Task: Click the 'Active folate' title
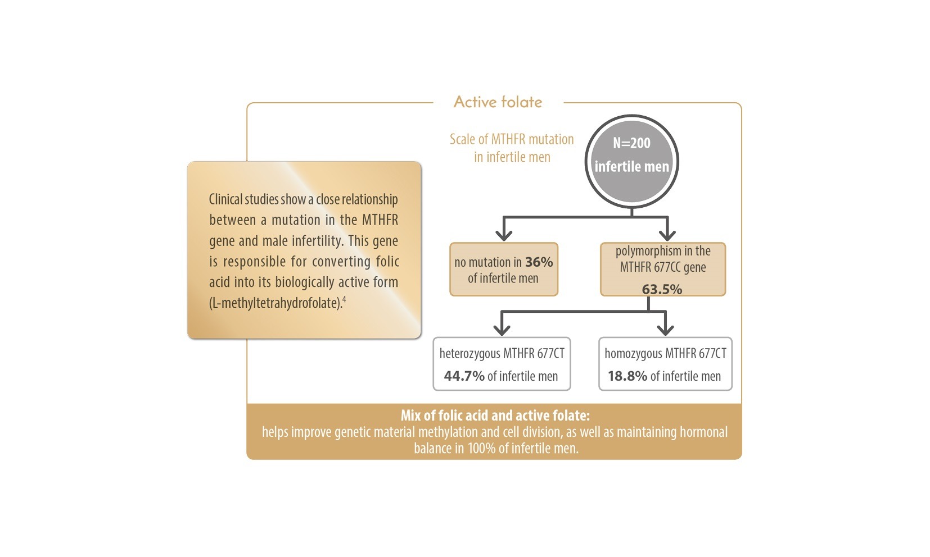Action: point(498,102)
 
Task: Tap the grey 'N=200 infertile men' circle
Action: point(631,162)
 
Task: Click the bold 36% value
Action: point(539,262)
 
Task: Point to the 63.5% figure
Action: point(662,289)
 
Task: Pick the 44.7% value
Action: point(464,376)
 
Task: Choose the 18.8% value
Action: point(627,376)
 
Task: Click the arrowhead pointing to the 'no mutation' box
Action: point(504,234)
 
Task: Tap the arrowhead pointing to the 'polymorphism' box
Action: point(667,234)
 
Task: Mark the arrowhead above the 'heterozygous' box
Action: point(502,328)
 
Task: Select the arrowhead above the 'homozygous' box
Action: point(665,328)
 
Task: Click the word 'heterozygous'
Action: point(469,354)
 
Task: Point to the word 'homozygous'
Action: point(633,354)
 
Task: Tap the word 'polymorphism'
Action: point(648,251)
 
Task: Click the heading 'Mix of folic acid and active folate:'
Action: point(495,416)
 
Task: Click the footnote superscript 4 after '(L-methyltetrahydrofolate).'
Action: point(344,300)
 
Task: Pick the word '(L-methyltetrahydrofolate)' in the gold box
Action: point(275,303)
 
